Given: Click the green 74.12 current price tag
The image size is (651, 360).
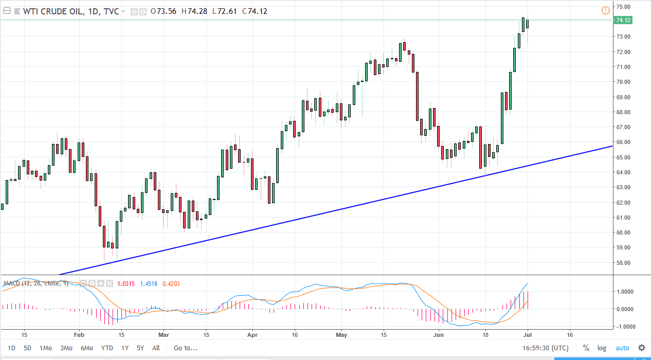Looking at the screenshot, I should [x=623, y=20].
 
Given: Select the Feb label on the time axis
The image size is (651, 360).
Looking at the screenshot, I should [x=79, y=334].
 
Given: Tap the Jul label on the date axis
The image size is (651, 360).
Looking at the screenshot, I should [x=528, y=334].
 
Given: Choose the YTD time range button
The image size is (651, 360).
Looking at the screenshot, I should [x=107, y=348].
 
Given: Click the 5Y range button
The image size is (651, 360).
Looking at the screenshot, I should [x=140, y=348].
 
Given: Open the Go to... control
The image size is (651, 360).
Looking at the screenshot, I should [x=185, y=348].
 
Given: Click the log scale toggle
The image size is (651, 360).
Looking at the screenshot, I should [x=602, y=348].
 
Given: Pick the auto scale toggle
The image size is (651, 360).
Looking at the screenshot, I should [x=622, y=348].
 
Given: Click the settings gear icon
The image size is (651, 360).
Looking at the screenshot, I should [x=642, y=348].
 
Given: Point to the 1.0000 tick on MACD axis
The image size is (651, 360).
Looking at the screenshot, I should [x=625, y=292].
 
